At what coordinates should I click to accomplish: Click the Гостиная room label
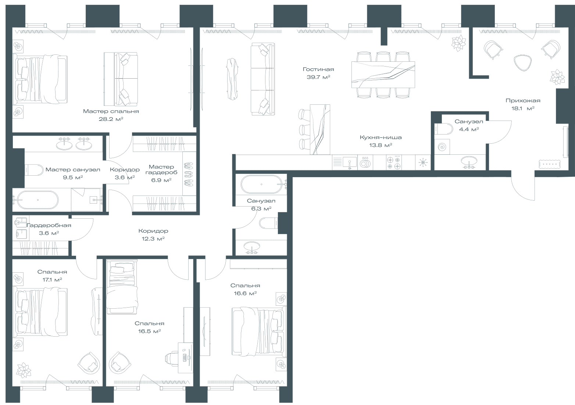coord(318,69)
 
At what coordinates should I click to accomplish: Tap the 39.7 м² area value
coord(318,77)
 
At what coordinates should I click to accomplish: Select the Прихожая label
coord(523,101)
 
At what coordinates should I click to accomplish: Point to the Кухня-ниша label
coord(381,137)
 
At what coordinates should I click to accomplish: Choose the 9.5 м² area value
coord(73,178)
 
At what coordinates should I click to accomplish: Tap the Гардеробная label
coord(49,225)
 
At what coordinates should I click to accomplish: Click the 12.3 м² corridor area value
coord(153,239)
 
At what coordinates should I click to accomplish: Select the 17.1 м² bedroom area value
coord(52,280)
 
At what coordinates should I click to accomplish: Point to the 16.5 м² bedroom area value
coord(149,331)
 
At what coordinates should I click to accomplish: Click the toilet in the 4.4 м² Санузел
coord(444,129)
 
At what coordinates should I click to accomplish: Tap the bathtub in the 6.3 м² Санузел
coord(261,184)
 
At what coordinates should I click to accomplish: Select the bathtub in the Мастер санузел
coord(38,200)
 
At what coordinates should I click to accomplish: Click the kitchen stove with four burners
coord(394,162)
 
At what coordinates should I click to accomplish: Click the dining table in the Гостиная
coord(383,75)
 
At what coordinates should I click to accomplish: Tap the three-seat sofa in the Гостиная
coord(262,79)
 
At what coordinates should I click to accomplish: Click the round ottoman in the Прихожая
coord(522,62)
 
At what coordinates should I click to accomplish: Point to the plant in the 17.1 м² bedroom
coord(24,370)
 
